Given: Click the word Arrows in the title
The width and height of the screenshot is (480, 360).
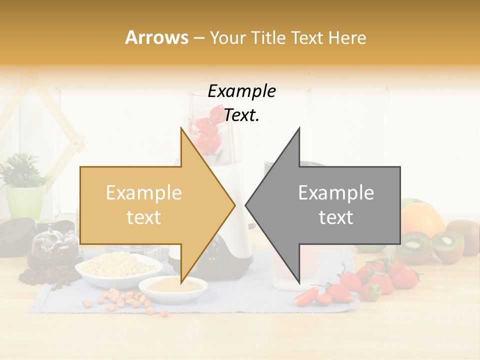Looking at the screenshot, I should (x=156, y=37).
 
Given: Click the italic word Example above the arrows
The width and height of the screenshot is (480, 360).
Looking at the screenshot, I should (x=241, y=91).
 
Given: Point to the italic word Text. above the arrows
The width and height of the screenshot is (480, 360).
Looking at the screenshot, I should (x=241, y=115).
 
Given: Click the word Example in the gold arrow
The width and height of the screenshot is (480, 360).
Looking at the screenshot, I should (x=144, y=192).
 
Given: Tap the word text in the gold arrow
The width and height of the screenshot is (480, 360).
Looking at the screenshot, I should (x=144, y=217).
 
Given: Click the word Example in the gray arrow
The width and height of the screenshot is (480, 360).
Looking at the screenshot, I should (x=336, y=192).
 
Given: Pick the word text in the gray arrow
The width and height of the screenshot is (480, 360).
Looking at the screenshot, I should (x=336, y=217).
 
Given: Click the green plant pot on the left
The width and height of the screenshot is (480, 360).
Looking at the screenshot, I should (x=25, y=202).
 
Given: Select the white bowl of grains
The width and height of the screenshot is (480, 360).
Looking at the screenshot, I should (x=118, y=267).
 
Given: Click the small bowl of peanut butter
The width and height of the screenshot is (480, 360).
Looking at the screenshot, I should (x=172, y=287).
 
